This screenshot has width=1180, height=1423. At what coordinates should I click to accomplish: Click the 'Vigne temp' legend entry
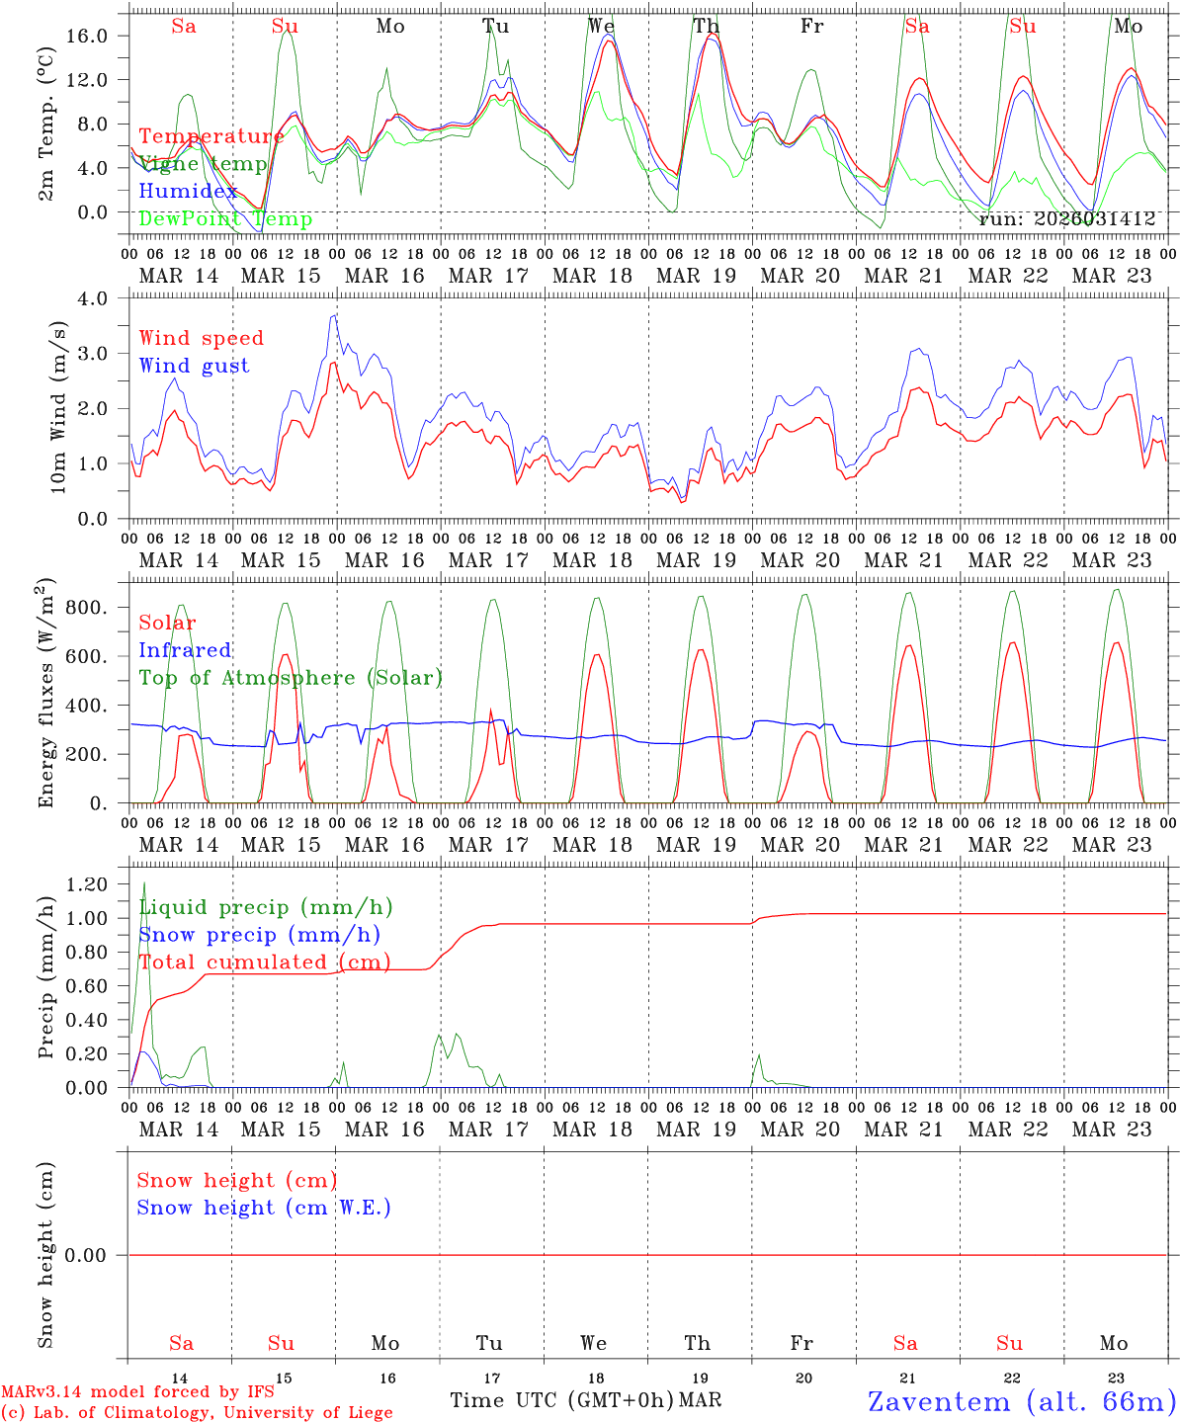pos(203,164)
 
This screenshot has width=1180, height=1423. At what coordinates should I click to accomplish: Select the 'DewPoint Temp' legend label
pos(225,219)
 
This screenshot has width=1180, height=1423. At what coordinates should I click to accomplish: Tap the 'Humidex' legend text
pos(188,192)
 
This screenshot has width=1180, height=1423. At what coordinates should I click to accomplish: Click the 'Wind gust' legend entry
pos(194,366)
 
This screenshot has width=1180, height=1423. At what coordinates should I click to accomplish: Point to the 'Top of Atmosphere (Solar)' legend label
pos(291,678)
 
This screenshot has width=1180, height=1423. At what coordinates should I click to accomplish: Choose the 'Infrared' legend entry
pos(185,650)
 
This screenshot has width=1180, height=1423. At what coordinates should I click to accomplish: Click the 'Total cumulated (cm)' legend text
pos(264,962)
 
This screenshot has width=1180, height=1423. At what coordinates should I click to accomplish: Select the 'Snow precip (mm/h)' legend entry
pos(259,935)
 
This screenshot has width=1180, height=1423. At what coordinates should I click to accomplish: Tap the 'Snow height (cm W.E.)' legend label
pos(264,1208)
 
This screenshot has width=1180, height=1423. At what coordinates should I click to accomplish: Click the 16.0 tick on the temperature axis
pos(99,36)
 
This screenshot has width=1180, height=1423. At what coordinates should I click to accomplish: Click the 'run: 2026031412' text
pos(1066,219)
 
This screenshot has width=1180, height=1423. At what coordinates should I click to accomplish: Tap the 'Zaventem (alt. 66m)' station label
pos(1022,1401)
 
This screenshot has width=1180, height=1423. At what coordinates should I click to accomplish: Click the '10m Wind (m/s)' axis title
pos(58,408)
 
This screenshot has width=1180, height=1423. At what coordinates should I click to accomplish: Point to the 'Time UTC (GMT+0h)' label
pos(561,1400)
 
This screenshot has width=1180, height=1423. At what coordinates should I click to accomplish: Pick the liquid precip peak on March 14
pos(144,882)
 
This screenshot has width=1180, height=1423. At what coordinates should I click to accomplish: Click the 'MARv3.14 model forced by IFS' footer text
pos(137,1392)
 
